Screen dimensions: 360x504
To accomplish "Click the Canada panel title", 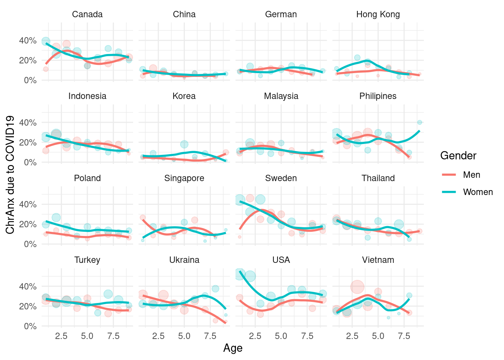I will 87,14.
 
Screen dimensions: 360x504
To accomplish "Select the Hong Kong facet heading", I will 378,14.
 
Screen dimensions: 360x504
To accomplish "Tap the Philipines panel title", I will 378,96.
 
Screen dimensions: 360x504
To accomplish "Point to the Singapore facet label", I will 184,178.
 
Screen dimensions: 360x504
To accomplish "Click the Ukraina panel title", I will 184,260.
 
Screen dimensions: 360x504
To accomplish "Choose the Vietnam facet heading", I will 378,260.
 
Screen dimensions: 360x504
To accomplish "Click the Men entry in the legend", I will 471,175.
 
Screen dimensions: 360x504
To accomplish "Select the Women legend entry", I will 478,192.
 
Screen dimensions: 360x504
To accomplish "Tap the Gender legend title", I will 458,156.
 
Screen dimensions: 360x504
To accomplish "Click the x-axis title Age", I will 233,348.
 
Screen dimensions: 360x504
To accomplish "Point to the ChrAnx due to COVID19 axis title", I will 10,175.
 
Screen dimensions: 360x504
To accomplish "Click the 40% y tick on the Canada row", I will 28,40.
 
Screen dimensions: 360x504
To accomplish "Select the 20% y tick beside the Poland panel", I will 28,224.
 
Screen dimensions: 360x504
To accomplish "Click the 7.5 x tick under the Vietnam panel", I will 404,336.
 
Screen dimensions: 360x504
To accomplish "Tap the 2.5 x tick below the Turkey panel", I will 61,336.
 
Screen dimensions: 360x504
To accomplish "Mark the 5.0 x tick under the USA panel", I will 281,336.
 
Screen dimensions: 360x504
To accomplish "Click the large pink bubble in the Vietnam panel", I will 357,287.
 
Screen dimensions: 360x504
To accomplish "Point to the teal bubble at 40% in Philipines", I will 420,122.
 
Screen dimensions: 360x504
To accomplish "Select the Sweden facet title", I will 281,178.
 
